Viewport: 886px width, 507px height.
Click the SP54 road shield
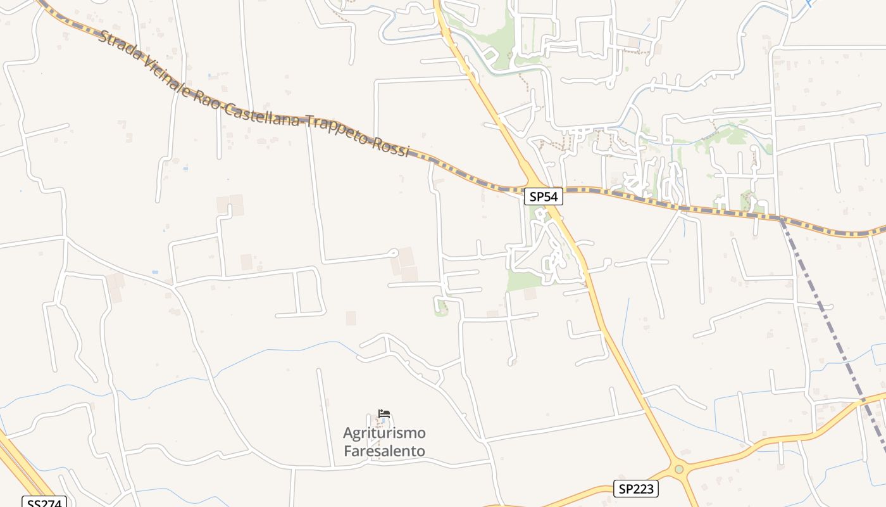tap(543, 196)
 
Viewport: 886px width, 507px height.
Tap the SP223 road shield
tap(636, 489)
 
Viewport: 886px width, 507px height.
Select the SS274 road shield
tap(44, 503)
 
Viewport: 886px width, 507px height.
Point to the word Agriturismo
tap(384, 433)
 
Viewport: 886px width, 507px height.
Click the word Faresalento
tap(384, 451)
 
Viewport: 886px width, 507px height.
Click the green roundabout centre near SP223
tap(679, 470)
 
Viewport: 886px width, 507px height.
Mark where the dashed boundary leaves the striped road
tap(782, 219)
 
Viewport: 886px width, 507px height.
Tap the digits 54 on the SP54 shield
tap(551, 196)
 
